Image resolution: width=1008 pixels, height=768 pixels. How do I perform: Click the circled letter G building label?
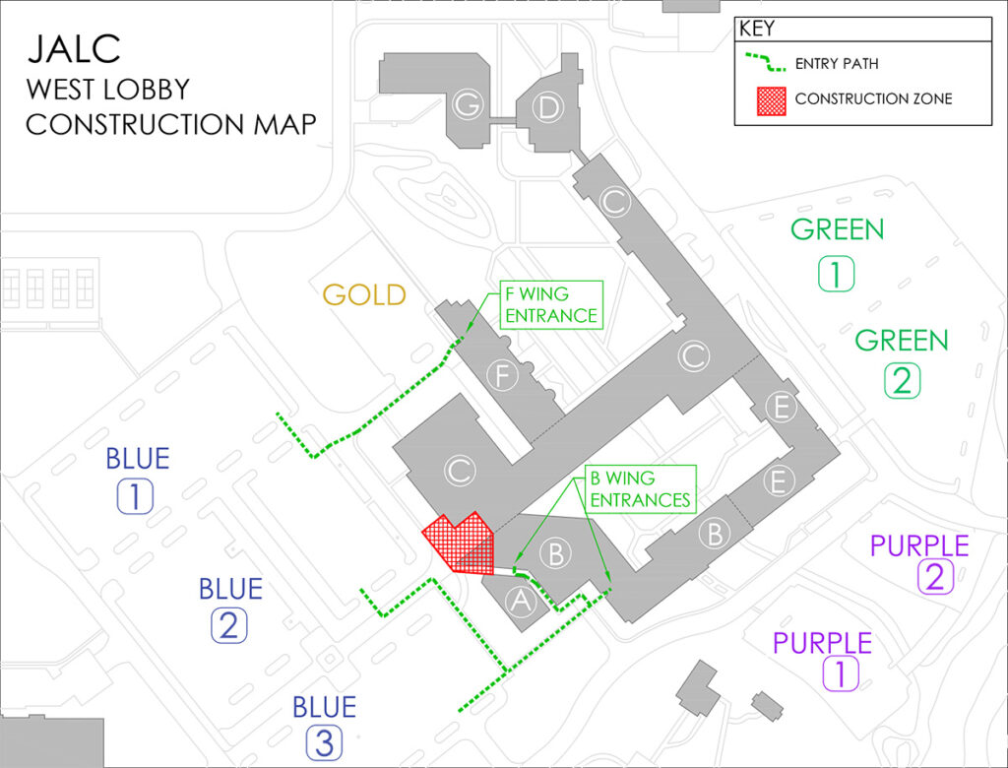466,103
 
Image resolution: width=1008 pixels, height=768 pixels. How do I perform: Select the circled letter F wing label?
502,375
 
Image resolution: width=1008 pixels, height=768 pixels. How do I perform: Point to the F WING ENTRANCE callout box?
550,304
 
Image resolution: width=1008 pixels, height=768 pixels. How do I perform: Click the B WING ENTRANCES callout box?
641,489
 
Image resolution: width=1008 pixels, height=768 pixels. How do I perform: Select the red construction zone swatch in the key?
770,99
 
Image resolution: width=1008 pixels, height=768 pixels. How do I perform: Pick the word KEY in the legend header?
757,30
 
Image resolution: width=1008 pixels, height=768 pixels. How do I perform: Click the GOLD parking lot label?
364,294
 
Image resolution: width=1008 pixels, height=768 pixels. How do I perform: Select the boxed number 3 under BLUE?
324,742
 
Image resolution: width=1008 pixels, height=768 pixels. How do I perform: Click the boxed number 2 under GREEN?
903,380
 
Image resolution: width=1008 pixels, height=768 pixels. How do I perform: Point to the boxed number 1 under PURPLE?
841,674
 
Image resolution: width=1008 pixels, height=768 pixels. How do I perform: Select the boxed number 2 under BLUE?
228,625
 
